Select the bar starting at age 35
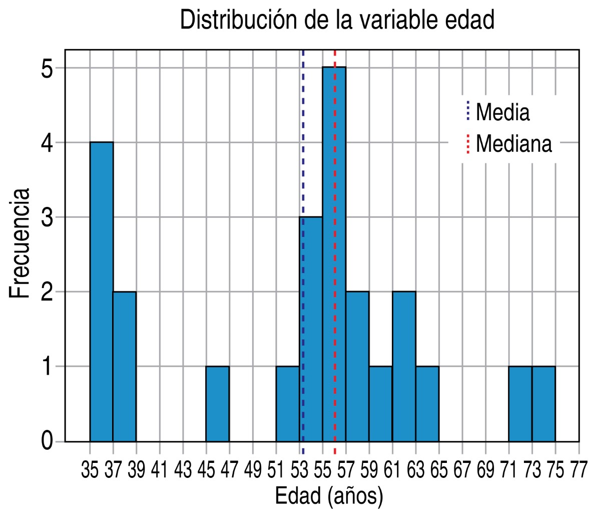[102, 291]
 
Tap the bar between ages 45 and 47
[218, 403]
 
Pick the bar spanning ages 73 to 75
[543, 403]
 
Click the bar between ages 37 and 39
[125, 366]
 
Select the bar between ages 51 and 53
[287, 403]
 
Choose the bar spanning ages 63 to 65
[427, 403]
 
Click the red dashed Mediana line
[335, 150]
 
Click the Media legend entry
[502, 112]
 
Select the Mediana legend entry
[513, 144]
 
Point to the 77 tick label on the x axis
[578, 472]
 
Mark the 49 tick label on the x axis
[253, 472]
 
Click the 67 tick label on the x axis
[462, 472]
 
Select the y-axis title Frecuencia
[21, 243]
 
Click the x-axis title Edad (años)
[329, 496]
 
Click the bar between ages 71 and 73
[520, 403]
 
